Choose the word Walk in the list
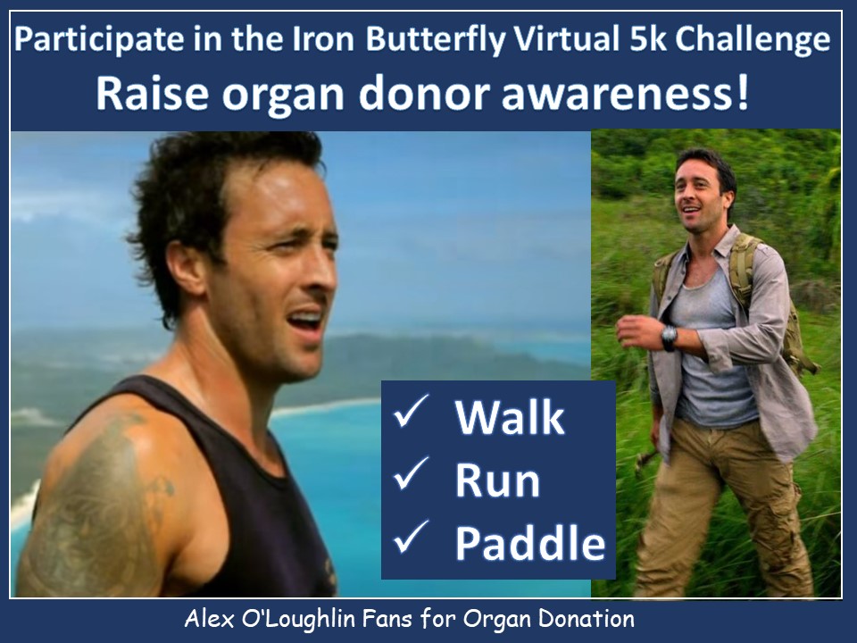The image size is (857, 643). click(510, 417)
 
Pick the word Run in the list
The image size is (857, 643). click(497, 480)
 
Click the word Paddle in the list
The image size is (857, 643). click(530, 543)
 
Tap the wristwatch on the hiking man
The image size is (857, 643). click(669, 337)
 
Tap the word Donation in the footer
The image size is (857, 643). click(587, 619)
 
